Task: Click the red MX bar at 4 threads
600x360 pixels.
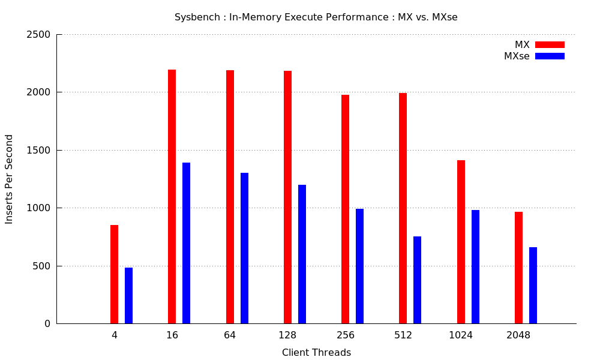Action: point(114,274)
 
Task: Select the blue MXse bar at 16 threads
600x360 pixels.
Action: point(187,243)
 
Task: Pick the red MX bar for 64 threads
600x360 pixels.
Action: point(230,197)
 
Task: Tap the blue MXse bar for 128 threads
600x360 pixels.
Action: point(302,254)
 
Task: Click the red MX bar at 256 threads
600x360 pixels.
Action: point(345,209)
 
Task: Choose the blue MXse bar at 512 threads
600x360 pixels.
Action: point(417,280)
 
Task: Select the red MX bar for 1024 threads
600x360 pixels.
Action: point(461,242)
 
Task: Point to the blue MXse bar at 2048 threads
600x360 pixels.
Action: point(533,286)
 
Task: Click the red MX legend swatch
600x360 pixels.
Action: point(550,45)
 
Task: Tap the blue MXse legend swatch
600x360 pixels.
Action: point(550,56)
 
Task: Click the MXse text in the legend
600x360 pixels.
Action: point(517,56)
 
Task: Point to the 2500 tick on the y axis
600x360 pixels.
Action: point(38,35)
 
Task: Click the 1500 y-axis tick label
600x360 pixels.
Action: point(38,151)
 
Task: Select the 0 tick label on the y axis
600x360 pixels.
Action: point(47,324)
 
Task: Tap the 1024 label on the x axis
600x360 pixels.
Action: point(461,335)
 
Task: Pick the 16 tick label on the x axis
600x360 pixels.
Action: point(172,335)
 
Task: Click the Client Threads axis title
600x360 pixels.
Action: point(316,352)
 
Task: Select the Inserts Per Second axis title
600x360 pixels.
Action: point(9,179)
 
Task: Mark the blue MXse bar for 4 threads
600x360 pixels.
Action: point(128,296)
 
